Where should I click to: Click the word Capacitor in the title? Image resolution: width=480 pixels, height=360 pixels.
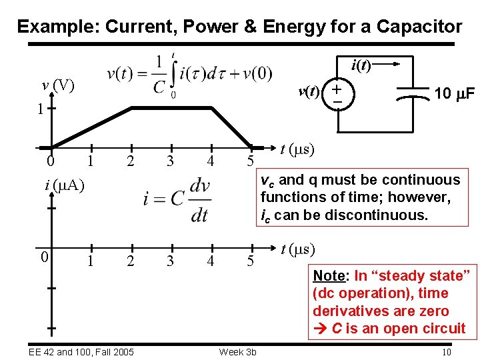[419, 27]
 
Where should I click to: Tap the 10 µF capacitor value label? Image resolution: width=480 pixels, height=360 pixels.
[454, 94]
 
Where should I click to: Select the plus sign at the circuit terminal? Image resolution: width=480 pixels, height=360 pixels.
[338, 88]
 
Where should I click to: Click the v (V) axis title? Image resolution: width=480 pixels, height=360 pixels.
[57, 85]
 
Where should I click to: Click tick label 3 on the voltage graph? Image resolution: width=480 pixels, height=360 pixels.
[171, 161]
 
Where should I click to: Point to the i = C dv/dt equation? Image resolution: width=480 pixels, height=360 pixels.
[177, 198]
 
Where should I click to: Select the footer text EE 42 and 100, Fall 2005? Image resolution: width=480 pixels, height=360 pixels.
[81, 352]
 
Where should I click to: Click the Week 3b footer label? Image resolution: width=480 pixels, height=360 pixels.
[237, 352]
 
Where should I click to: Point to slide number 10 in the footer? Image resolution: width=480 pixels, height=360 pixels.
[447, 352]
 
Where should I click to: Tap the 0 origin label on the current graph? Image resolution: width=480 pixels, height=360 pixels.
[42, 257]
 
